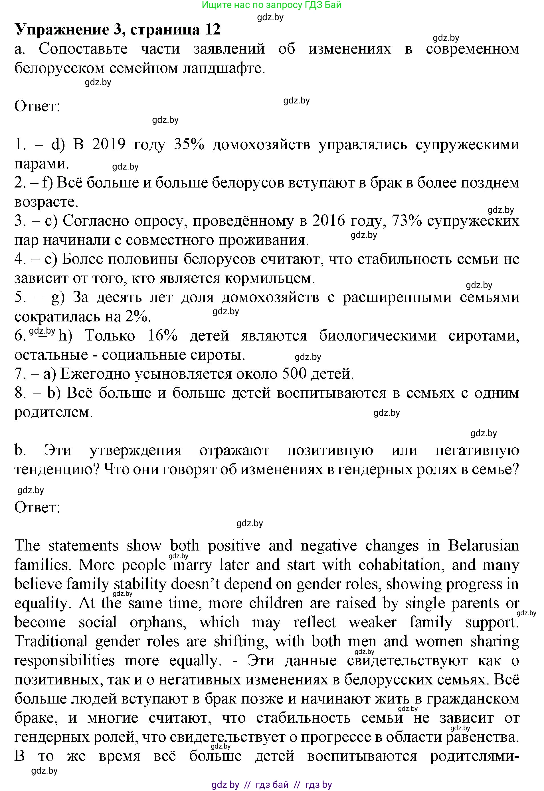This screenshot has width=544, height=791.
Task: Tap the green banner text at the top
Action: pyautogui.click(x=271, y=5)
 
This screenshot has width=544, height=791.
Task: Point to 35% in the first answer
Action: pyautogui.click(x=189, y=145)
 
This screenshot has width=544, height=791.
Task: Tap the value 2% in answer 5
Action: pyautogui.click(x=138, y=317)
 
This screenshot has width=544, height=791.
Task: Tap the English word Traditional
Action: pyautogui.click(x=51, y=642)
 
